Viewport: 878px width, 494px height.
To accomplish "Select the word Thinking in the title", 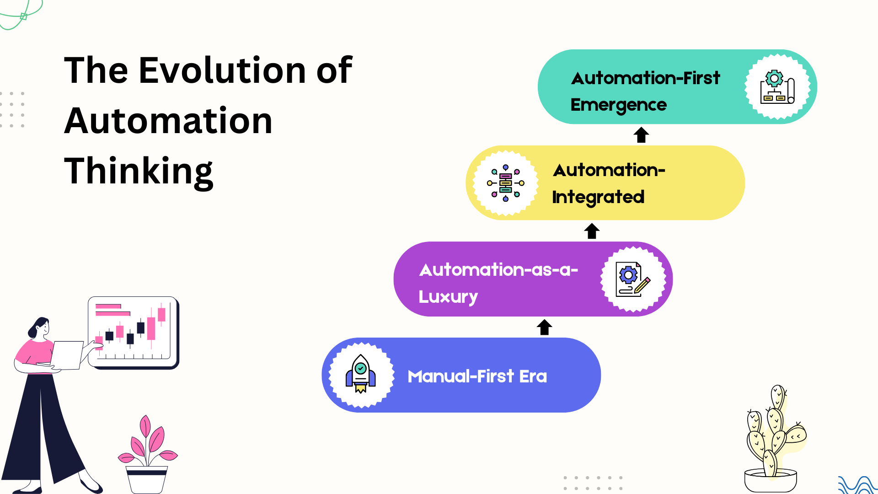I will point(139,172).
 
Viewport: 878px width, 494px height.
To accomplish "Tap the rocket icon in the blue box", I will point(360,375).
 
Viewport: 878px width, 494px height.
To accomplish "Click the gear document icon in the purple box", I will point(632,279).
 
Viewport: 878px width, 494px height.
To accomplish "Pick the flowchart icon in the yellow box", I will point(505,183).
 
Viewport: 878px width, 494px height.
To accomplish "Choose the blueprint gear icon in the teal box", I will point(777,87).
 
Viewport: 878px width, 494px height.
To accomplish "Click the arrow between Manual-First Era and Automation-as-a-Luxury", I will point(544,327).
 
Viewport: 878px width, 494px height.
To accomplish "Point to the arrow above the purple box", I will point(592,231).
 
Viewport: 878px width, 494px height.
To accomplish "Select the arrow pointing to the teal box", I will point(641,135).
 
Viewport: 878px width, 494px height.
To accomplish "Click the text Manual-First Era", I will point(477,376).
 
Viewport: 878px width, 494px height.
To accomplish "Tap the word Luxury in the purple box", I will point(448,297).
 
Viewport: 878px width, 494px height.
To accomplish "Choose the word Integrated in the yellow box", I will point(598,197).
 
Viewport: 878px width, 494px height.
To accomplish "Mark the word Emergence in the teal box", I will point(618,105).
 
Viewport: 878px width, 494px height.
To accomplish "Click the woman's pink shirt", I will point(34,352).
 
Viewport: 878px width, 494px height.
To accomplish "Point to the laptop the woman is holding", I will point(66,355).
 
